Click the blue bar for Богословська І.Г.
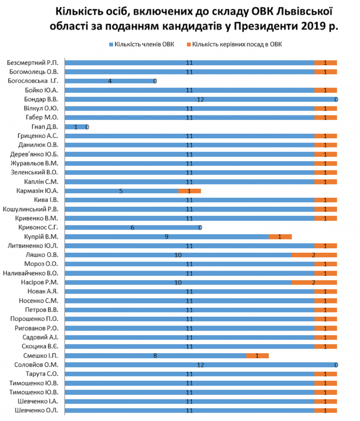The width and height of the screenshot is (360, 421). tap(110, 81)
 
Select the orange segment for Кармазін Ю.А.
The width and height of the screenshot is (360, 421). tap(190, 191)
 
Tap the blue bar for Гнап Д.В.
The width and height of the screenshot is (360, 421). tap(76, 127)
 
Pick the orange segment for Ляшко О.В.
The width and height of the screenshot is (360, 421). tap(315, 255)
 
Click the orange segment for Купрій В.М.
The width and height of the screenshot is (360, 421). tap(280, 236)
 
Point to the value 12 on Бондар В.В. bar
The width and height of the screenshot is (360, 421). tap(201, 100)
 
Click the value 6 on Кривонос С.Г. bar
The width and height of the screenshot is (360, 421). tap(133, 228)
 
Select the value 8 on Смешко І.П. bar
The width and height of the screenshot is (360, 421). tap(155, 356)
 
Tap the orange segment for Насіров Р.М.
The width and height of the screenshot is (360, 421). tap(315, 282)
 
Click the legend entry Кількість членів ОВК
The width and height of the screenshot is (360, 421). tap(142, 44)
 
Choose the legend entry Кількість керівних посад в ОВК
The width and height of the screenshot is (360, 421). tap(234, 44)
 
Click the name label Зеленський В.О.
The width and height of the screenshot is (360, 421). tap(34, 172)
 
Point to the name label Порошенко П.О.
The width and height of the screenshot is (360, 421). tap(34, 319)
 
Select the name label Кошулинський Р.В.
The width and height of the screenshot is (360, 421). tap(30, 209)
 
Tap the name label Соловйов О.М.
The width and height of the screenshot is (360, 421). tap(36, 365)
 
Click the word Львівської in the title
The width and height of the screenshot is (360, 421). tap(305, 12)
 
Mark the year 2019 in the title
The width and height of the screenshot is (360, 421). tap(313, 26)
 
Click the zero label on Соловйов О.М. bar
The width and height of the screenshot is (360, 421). tap(336, 365)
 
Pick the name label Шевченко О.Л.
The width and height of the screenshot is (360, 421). tap(36, 411)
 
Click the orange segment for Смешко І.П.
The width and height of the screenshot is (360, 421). tap(257, 356)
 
